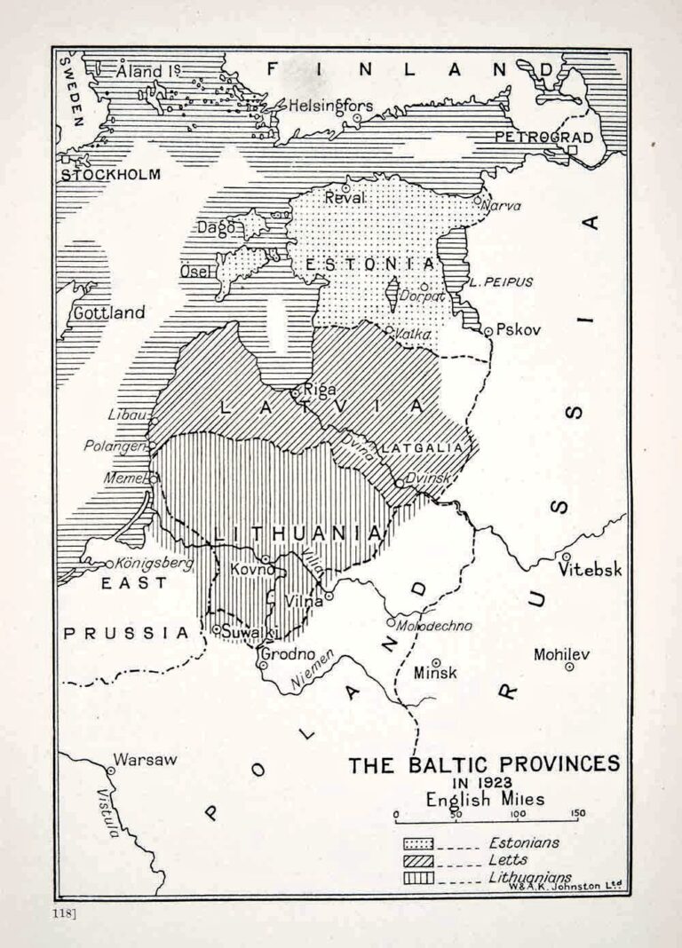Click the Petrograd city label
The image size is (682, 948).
click(x=542, y=137)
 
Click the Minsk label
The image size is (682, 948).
click(x=435, y=672)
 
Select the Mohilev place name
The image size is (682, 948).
click(x=561, y=654)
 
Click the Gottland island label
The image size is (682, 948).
click(x=108, y=312)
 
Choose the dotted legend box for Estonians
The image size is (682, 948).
click(x=418, y=842)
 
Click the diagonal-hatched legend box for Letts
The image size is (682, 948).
click(x=418, y=860)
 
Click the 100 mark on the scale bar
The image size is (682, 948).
click(x=519, y=814)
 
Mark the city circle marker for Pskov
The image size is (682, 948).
click(x=488, y=331)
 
